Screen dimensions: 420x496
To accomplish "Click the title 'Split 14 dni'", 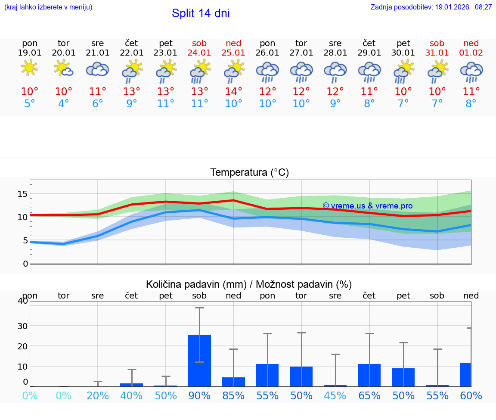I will [201, 13].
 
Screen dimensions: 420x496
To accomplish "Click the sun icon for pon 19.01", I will [29, 68].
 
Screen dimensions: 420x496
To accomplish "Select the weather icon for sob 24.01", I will [200, 70].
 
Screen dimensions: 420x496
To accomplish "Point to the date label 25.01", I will [233, 53].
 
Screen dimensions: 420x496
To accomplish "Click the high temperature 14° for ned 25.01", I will [233, 91].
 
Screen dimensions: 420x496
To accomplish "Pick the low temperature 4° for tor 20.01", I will [63, 104].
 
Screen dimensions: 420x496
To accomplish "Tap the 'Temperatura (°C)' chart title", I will [249, 173].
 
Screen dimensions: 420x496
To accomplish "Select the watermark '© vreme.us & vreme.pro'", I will [367, 206].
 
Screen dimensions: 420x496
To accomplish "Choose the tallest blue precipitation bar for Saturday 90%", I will [199, 360].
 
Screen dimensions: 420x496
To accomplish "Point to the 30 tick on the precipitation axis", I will [22, 326].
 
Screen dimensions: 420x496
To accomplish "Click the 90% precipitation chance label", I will [199, 395].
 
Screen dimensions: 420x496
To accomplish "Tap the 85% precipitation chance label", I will [233, 395].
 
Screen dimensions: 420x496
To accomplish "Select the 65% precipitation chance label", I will [369, 395].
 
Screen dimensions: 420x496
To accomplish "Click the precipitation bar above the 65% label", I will [369, 375].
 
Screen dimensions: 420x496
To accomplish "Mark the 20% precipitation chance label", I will [98, 395].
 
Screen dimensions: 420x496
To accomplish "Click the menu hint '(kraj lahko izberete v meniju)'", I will [48, 7].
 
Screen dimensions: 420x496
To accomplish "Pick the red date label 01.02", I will [471, 53].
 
